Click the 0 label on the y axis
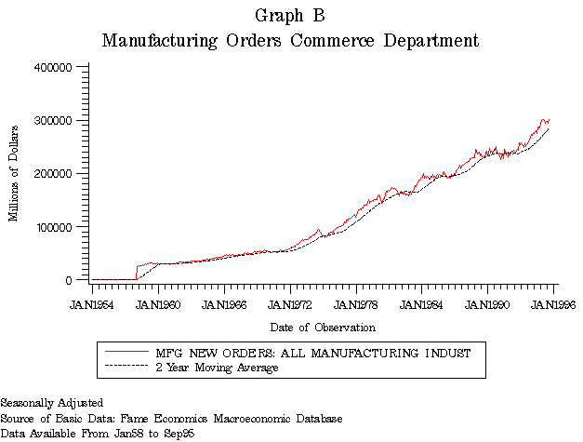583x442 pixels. pos(69,280)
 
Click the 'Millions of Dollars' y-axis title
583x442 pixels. pos(14,174)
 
